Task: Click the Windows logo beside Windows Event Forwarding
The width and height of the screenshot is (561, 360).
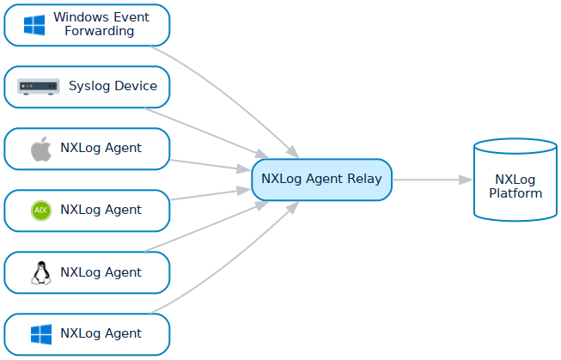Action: [x=34, y=25]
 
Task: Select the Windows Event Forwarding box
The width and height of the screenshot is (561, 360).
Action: [x=87, y=25]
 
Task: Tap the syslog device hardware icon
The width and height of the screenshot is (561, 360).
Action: [x=39, y=87]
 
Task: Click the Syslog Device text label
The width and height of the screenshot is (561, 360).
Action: [x=113, y=86]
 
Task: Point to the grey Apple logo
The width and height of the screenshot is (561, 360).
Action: [x=40, y=149]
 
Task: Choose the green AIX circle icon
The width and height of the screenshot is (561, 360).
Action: [x=40, y=211]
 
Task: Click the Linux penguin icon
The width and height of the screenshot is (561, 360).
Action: [x=40, y=273]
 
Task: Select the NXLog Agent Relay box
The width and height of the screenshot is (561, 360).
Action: [x=321, y=180]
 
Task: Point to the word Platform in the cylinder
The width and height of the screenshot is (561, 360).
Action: [x=515, y=193]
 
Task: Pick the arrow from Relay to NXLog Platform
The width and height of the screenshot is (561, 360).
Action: [x=430, y=180]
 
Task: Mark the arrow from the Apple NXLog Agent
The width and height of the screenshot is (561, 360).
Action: [x=206, y=164]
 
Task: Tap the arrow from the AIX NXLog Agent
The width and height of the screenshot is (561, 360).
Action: [x=206, y=195]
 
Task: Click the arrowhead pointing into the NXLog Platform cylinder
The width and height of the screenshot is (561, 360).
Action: [x=466, y=180]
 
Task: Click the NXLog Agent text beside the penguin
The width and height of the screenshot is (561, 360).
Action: [x=101, y=272]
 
